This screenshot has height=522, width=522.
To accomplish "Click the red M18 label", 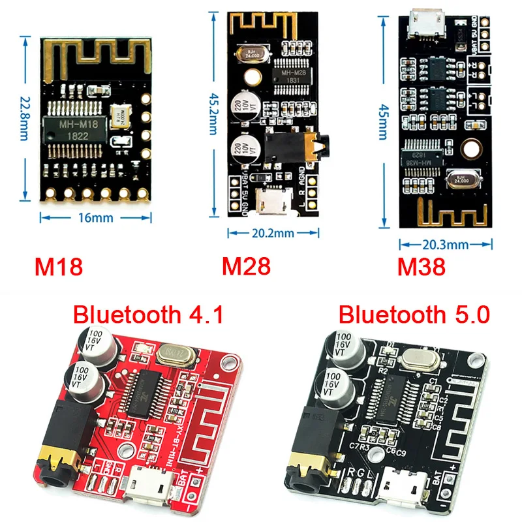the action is coord(59,267).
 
